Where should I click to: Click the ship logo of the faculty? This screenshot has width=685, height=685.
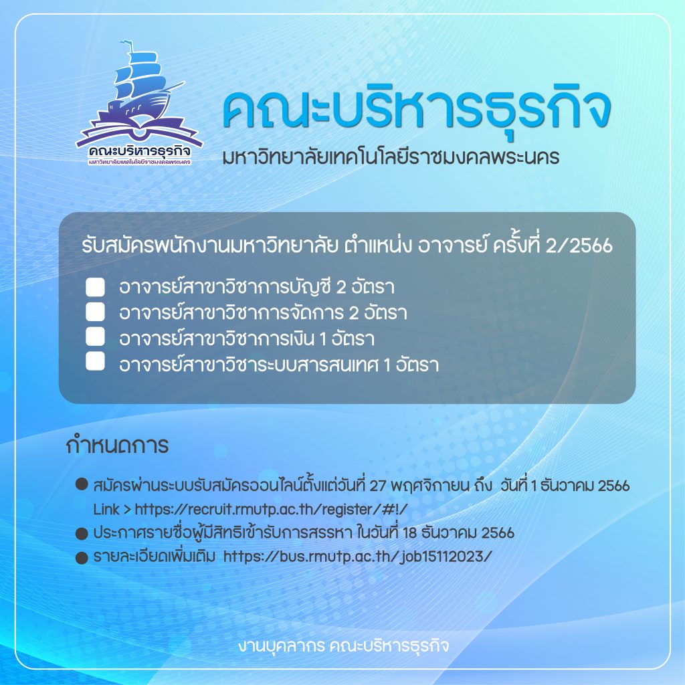pyautogui.click(x=139, y=103)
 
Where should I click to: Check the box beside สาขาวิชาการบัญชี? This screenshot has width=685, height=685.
pyautogui.click(x=95, y=287)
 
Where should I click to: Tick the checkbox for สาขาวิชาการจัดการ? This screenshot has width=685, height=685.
pyautogui.click(x=95, y=312)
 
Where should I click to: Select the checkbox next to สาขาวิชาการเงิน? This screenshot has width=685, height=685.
pyautogui.click(x=95, y=337)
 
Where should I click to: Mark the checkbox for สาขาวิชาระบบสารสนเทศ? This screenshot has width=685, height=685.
pyautogui.click(x=95, y=361)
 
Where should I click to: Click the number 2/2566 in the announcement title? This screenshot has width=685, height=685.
pyautogui.click(x=579, y=246)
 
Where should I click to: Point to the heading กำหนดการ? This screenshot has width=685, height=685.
pyautogui.click(x=117, y=446)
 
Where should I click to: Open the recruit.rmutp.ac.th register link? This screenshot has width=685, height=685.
pyautogui.click(x=271, y=509)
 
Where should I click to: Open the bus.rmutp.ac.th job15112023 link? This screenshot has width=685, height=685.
pyautogui.click(x=357, y=556)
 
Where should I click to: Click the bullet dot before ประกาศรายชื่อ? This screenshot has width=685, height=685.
pyautogui.click(x=82, y=534)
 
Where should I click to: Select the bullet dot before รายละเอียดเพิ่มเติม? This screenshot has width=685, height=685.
pyautogui.click(x=82, y=558)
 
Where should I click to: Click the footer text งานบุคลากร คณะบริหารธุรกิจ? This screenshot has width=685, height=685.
pyautogui.click(x=343, y=646)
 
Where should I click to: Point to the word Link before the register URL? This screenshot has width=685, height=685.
pyautogui.click(x=106, y=509)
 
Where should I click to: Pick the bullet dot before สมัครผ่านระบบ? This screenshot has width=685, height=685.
pyautogui.click(x=82, y=484)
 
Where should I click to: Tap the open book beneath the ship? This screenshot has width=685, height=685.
pyautogui.click(x=139, y=130)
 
